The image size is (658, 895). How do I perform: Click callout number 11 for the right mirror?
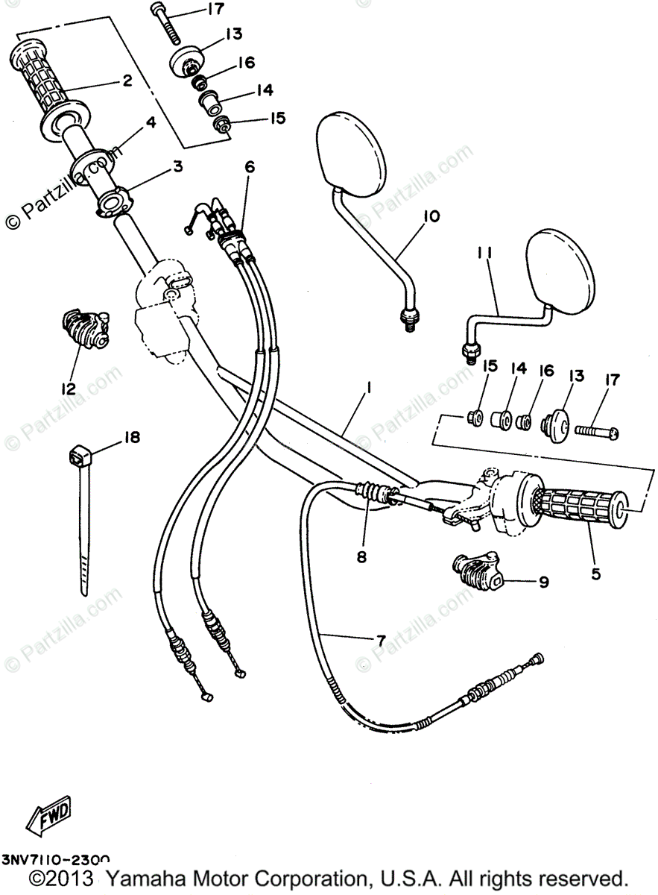click(485, 254)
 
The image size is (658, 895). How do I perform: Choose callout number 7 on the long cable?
click(380, 639)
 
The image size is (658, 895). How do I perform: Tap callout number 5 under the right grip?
click(596, 574)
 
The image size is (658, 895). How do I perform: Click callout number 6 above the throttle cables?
click(249, 166)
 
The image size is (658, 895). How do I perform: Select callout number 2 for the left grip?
click(127, 81)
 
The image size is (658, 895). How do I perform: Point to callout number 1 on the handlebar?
click(368, 389)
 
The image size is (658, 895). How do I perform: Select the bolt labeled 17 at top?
click(166, 22)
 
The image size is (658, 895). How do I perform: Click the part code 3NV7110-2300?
click(57, 860)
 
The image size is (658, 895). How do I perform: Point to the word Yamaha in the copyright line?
click(145, 879)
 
